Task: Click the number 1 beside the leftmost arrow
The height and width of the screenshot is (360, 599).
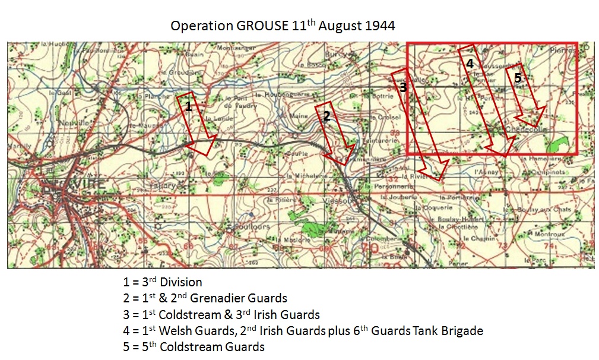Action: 188,107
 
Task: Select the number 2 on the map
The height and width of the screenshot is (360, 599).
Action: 326,116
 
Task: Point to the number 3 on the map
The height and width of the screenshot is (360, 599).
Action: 403,87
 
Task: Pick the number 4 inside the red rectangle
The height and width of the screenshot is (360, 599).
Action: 470,64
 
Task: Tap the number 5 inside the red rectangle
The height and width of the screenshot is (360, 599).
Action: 518,77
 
